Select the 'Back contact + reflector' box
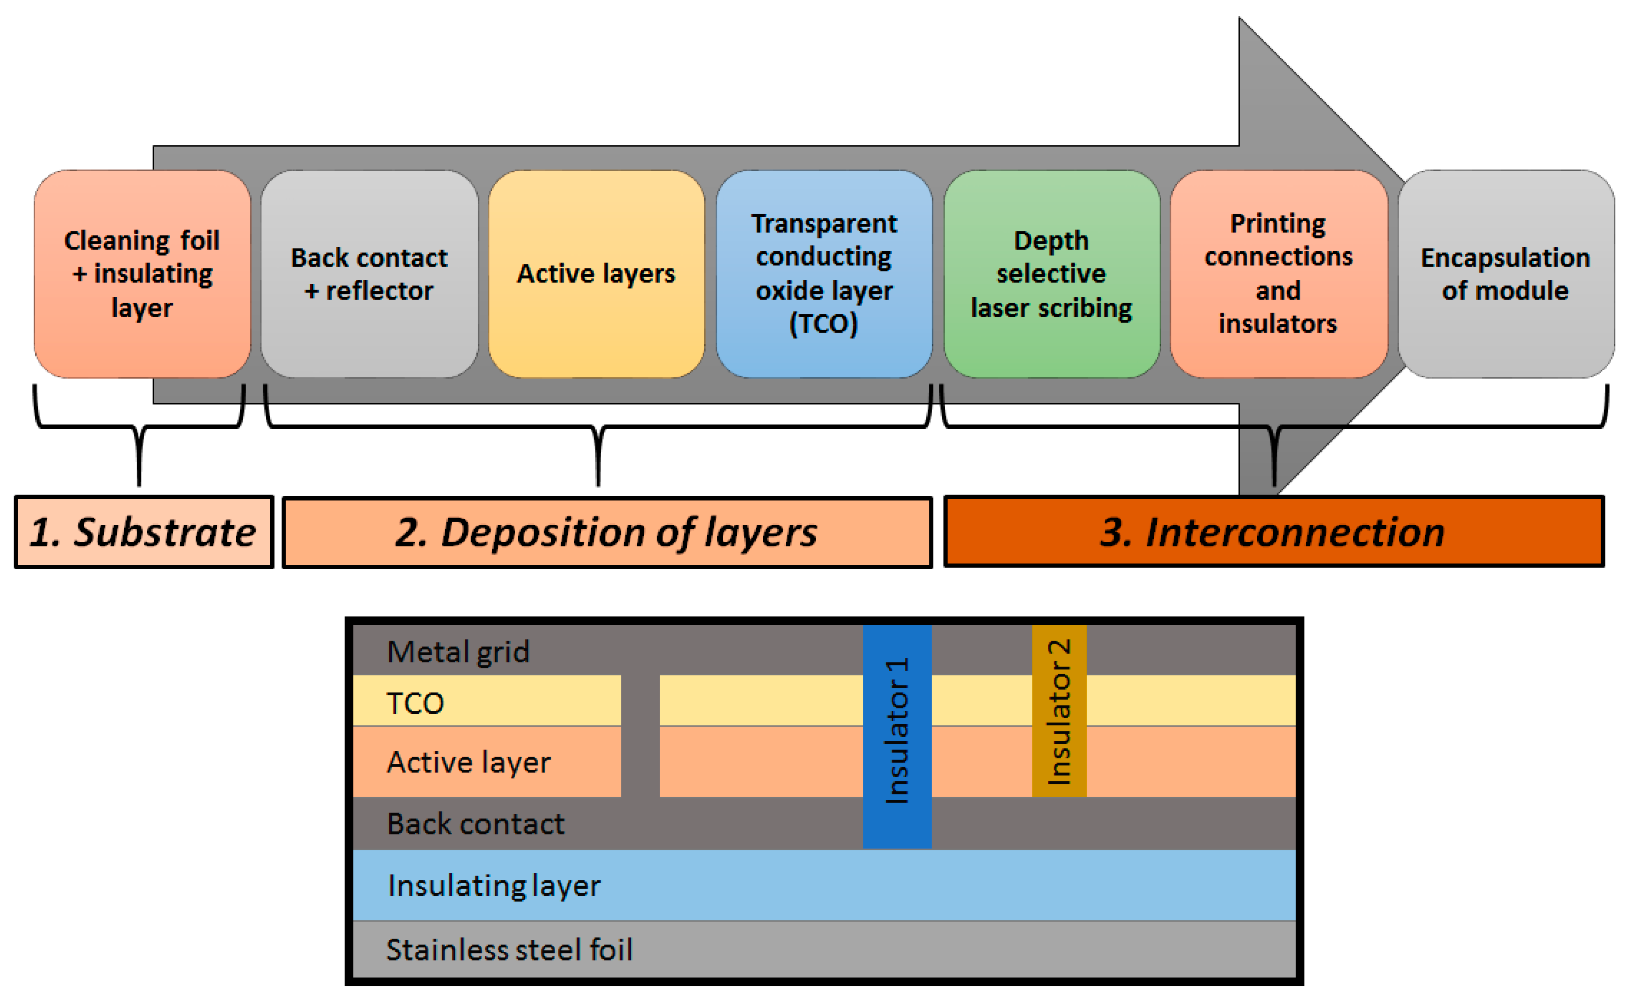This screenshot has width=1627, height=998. (x=369, y=274)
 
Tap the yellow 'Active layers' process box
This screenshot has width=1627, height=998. (x=596, y=274)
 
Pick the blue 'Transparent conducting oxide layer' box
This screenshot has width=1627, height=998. (x=824, y=274)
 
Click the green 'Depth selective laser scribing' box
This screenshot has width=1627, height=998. (x=1052, y=274)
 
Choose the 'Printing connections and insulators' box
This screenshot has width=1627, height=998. (x=1279, y=274)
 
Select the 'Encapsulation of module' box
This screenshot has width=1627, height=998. (x=1506, y=274)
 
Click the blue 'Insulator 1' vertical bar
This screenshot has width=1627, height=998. (x=897, y=737)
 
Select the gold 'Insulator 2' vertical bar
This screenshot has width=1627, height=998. (x=1059, y=711)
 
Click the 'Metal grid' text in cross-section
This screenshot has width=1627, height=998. (x=458, y=652)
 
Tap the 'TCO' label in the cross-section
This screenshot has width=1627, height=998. (x=415, y=704)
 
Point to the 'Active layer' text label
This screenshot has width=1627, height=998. (x=469, y=763)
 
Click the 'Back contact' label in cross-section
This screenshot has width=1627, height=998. (x=475, y=824)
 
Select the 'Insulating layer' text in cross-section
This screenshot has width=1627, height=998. (x=494, y=886)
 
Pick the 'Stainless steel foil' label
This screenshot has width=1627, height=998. (x=509, y=950)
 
